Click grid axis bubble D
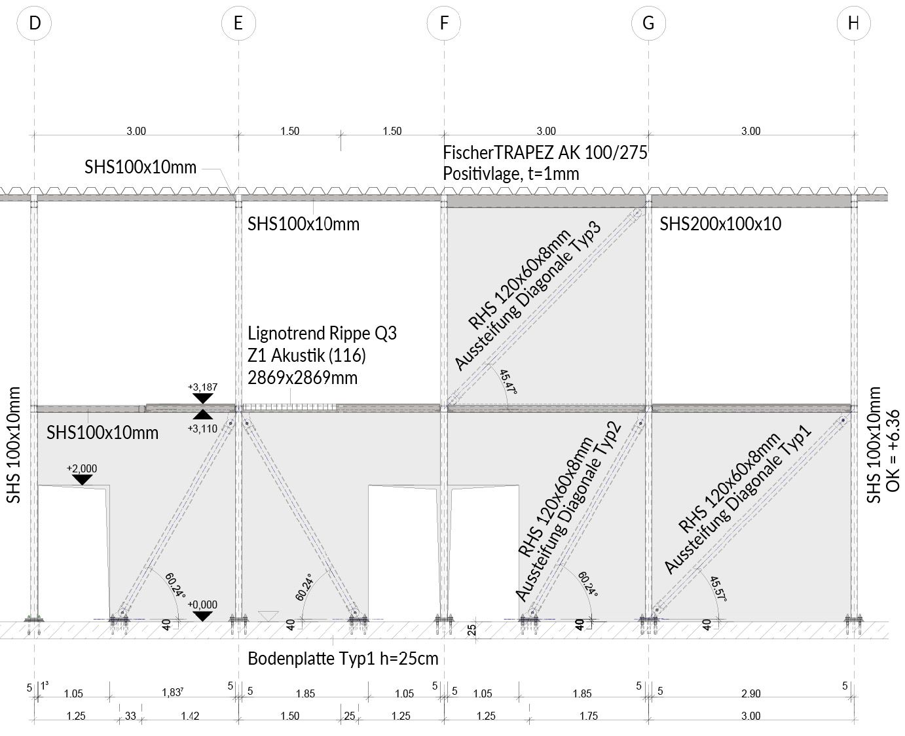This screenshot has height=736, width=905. point(35,23)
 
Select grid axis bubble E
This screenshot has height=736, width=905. point(238,23)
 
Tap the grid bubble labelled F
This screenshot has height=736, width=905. point(444,23)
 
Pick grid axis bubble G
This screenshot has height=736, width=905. point(648,23)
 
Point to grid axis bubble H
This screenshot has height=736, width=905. point(853,23)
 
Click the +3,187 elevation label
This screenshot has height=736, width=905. point(202,387)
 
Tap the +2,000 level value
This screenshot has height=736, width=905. point(82,468)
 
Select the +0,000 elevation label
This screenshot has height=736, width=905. point(202,605)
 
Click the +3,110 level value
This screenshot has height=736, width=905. point(202,429)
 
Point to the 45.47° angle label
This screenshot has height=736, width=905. point(508,381)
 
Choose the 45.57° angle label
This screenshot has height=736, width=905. point(718,588)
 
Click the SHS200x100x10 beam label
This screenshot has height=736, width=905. point(720,224)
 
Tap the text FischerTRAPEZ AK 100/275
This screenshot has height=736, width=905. point(545,152)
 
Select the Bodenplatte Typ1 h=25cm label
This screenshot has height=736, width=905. point(343,659)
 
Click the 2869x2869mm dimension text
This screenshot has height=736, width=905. point(303,377)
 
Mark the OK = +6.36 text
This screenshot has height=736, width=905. point(893,451)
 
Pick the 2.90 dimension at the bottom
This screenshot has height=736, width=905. point(750,694)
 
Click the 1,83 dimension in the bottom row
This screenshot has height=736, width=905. point(172,693)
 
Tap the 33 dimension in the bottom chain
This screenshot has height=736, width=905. point(130,716)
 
